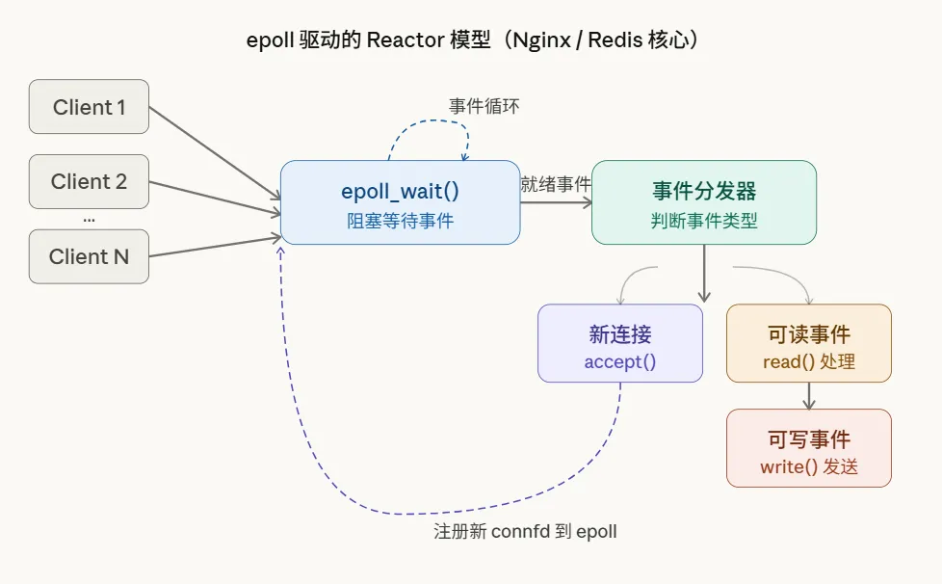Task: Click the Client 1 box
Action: coord(89,107)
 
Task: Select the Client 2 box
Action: coord(89,181)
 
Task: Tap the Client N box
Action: coord(89,256)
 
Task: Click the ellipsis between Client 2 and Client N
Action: coord(89,220)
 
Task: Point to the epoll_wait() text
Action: coord(400,191)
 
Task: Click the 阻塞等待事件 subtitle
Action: coord(400,221)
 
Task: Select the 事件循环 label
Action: coord(484,107)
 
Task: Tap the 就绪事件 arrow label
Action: coord(556,184)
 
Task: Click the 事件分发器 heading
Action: coord(703,191)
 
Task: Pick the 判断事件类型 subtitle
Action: coord(703,221)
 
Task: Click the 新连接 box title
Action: coord(619,334)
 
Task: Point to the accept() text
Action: coord(619,362)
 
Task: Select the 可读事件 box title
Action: coord(808,334)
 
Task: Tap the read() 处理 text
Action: coord(808,362)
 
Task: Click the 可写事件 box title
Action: coord(808,439)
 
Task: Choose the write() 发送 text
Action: coord(808,467)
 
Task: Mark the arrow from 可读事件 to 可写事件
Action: coord(808,395)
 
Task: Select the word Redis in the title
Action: coord(616,40)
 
